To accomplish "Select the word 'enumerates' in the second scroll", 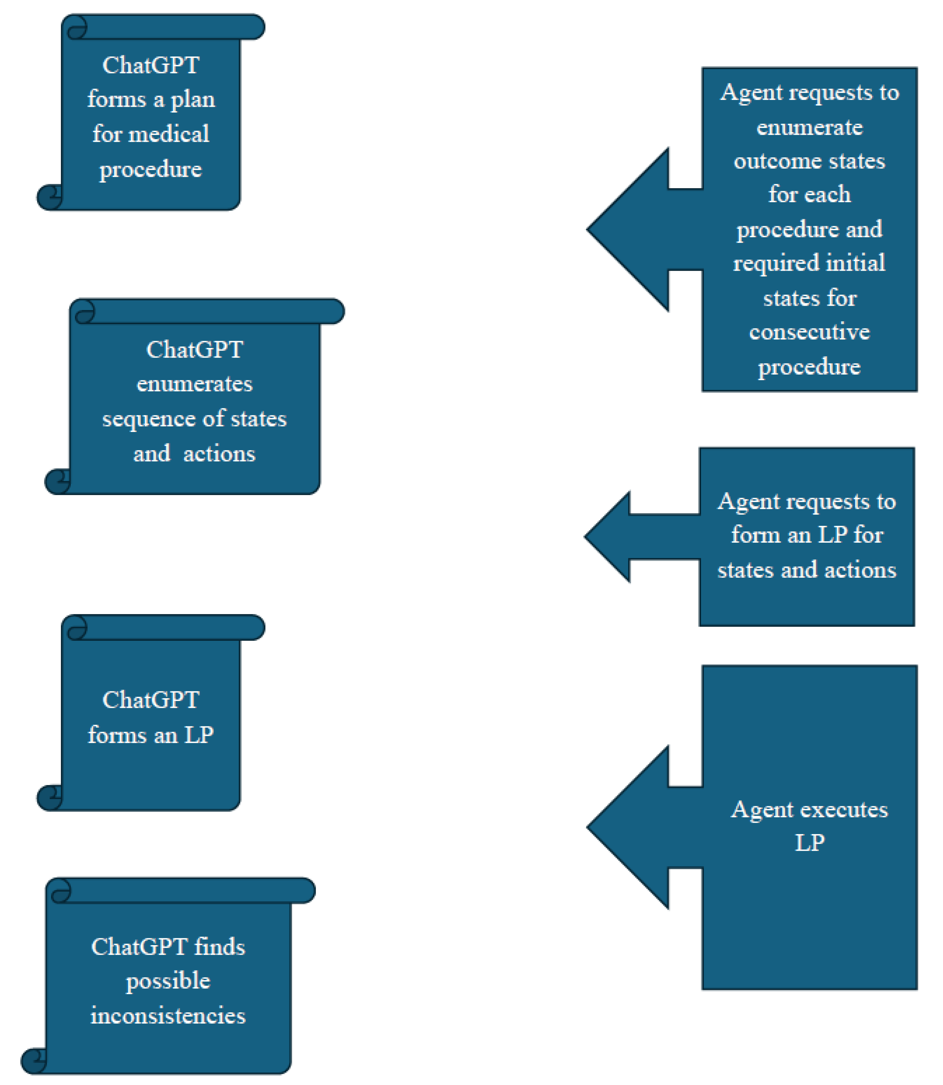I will pyautogui.click(x=194, y=384).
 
